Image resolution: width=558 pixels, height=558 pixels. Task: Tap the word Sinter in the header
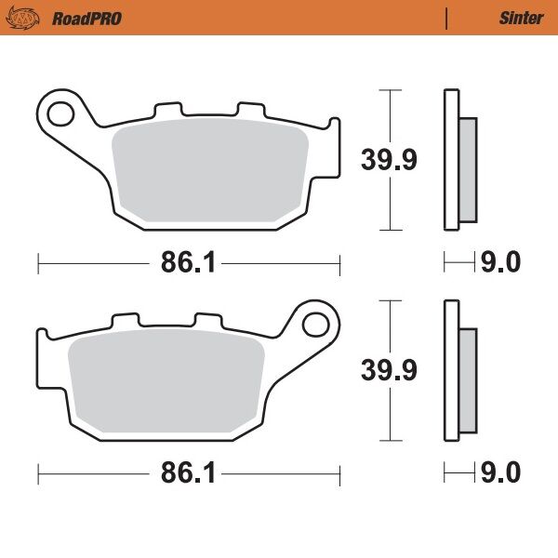[x=521, y=18]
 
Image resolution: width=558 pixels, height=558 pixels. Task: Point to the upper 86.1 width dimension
[x=189, y=264]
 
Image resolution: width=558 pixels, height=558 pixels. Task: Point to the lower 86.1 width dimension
[x=189, y=475]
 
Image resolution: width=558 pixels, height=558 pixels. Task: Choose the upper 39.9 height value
[x=389, y=159]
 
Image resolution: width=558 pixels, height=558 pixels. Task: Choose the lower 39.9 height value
[x=389, y=369]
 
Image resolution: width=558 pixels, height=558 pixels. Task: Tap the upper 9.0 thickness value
[x=499, y=264]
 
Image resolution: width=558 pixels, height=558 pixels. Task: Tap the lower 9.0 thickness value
[x=499, y=475]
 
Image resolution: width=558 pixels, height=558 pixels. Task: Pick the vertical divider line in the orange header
[x=447, y=18]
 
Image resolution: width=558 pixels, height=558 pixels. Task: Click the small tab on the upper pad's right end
[x=331, y=128]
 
